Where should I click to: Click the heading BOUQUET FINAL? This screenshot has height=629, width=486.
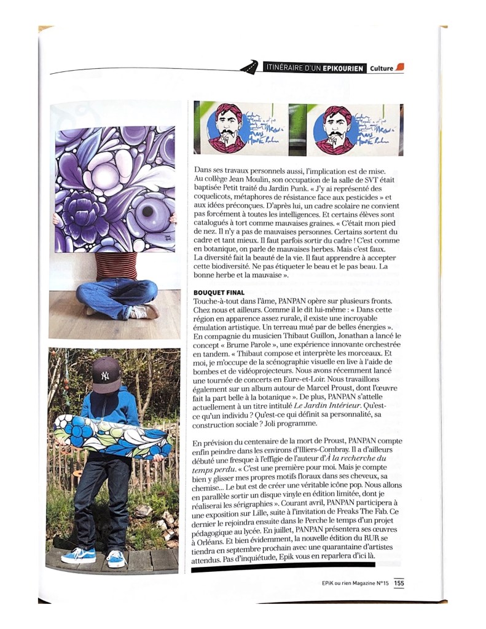pos(219,292)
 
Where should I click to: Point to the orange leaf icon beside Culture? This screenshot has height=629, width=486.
pos(400,67)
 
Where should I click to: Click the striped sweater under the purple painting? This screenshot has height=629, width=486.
pos(116,266)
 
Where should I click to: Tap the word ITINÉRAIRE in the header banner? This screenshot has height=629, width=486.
pos(288,68)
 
